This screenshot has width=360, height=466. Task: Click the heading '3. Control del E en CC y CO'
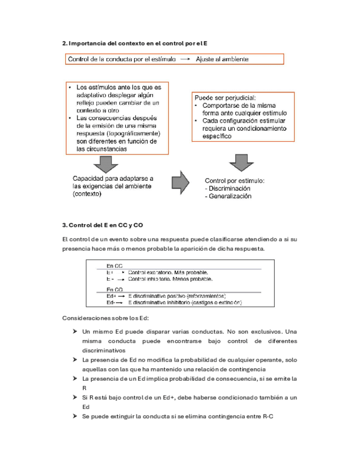pos(103,225)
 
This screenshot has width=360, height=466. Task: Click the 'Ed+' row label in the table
pos(112,296)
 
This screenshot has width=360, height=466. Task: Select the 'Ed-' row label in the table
pos(111,302)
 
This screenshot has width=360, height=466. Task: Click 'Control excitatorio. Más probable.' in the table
pos(168,272)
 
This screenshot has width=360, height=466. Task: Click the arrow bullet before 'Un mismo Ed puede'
pos(74,331)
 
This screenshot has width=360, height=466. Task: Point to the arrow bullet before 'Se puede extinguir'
pos(74,417)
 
